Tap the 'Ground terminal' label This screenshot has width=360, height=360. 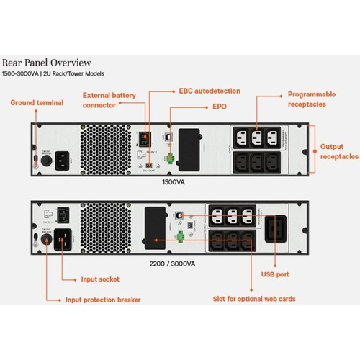click(x=36, y=103)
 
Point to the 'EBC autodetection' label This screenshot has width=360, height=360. click(x=210, y=91)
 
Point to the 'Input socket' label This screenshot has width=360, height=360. click(x=99, y=278)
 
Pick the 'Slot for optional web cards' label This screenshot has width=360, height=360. click(x=255, y=298)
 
